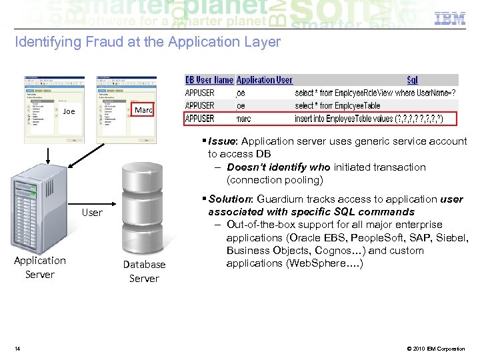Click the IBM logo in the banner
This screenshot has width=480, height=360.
[450, 19]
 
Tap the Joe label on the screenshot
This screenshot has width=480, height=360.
[69, 111]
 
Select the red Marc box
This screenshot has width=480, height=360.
[143, 109]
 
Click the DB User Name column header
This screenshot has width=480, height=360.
[209, 80]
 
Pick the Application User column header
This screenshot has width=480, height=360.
[264, 80]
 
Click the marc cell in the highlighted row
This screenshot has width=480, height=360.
[244, 119]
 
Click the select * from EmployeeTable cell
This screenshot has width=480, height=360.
[337, 105]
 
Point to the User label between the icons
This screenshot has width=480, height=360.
[92, 213]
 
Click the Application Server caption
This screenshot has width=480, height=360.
[40, 267]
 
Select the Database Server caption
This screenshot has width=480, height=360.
[144, 271]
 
